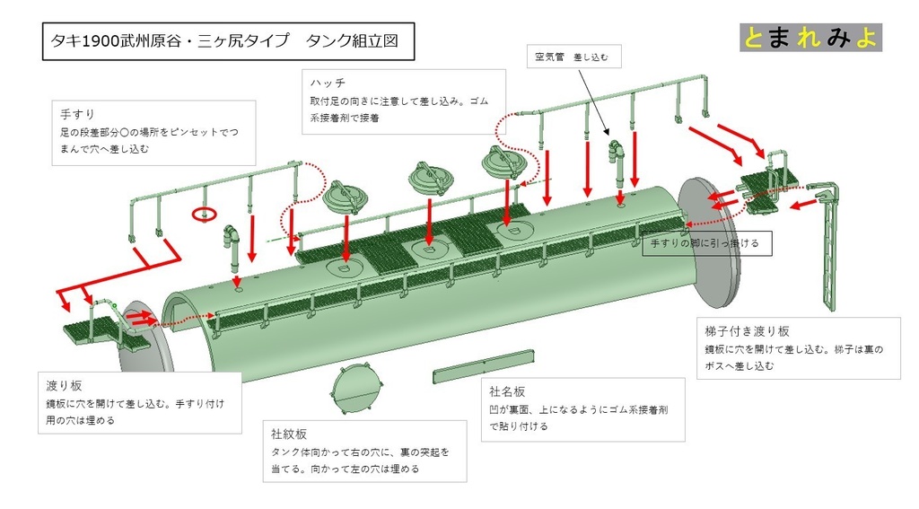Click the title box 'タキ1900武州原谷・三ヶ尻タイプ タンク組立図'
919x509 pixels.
pos(228,41)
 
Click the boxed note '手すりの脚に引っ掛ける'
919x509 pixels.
pos(706,242)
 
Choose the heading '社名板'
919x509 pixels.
pos(507,391)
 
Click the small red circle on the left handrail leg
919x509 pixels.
pos(204,215)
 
